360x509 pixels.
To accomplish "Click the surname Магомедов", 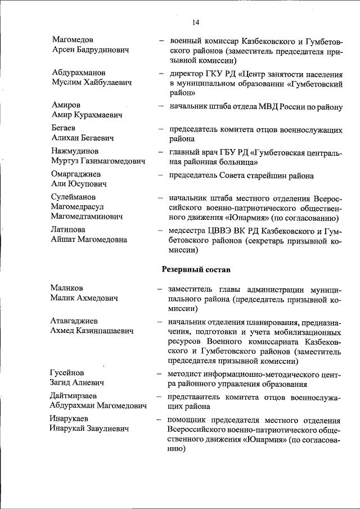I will coord(73,40).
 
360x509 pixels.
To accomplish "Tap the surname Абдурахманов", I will coord(78,73).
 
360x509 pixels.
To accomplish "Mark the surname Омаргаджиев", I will coord(76,174).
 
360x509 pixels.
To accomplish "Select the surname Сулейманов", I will coord(74,197).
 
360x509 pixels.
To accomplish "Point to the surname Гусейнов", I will coord(67,373).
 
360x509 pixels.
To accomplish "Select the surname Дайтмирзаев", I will coord(74,396).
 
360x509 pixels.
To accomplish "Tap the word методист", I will coord(186,373).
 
